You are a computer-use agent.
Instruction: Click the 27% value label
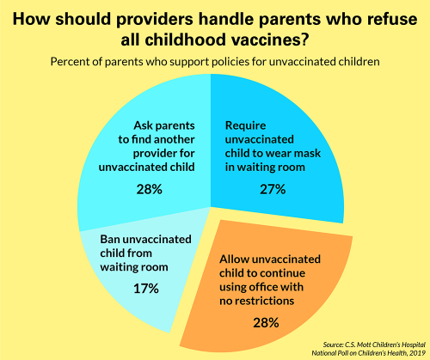point(272,189)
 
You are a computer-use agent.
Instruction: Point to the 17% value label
point(144,289)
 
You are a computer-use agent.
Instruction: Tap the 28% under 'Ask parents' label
point(150,189)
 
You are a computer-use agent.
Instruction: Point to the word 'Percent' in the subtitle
point(73,63)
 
